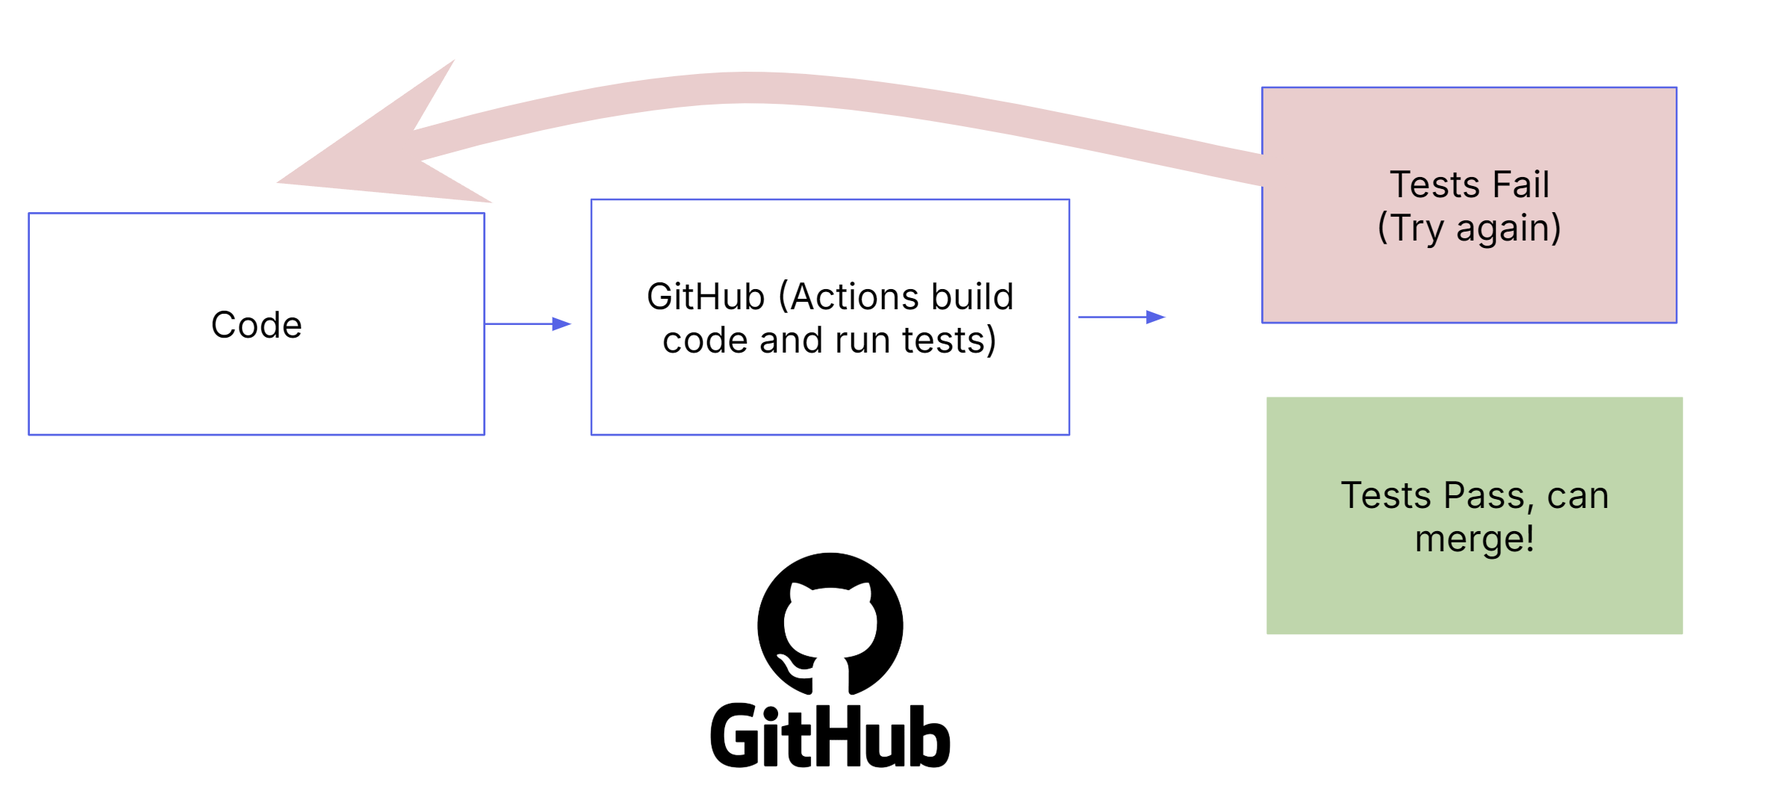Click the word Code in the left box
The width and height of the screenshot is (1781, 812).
[x=256, y=325]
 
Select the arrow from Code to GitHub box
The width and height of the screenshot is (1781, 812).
[x=528, y=323]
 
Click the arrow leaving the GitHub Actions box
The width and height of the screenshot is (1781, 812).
[x=1122, y=317]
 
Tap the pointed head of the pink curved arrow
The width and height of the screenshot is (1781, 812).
[x=278, y=182]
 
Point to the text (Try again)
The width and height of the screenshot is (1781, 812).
[x=1470, y=229]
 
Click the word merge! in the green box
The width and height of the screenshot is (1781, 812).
[x=1475, y=539]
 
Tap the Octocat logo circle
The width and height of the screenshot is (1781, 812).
[x=830, y=625]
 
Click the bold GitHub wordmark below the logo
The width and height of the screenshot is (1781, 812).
[x=830, y=737]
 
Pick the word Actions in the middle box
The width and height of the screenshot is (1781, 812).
[x=841, y=297]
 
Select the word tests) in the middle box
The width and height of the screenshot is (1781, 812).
[x=949, y=341]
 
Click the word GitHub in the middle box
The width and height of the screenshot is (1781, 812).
[x=706, y=297]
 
